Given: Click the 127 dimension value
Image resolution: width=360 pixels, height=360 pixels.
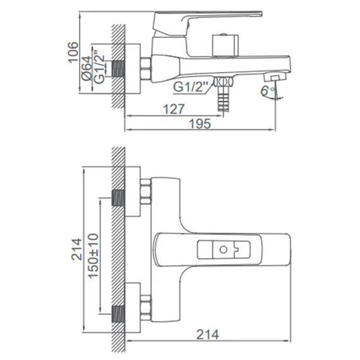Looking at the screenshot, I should pos(174,109).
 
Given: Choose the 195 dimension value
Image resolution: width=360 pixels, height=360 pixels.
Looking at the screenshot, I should pos(200,124).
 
